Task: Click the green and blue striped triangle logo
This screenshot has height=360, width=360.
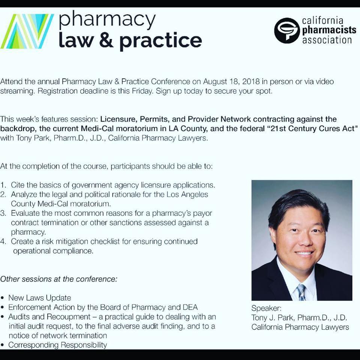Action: click(x=27, y=31)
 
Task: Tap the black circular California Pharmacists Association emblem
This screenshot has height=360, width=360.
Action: click(x=287, y=30)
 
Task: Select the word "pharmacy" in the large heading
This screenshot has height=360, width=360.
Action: click(x=107, y=20)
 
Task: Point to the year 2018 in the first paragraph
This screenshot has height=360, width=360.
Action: click(x=251, y=81)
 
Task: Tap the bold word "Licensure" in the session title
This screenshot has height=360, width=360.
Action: click(x=119, y=119)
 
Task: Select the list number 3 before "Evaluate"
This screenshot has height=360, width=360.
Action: click(x=3, y=213)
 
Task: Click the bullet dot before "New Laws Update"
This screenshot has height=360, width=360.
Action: click(x=3, y=298)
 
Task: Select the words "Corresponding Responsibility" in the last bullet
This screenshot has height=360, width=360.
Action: click(x=58, y=345)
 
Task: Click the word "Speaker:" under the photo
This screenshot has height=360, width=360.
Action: click(x=266, y=308)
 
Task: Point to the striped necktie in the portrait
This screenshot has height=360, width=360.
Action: click(x=301, y=292)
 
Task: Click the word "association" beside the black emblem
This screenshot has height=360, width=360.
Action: click(x=327, y=40)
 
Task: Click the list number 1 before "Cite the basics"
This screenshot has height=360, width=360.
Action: click(x=3, y=185)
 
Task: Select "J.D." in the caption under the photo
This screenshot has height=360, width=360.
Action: click(x=340, y=318)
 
